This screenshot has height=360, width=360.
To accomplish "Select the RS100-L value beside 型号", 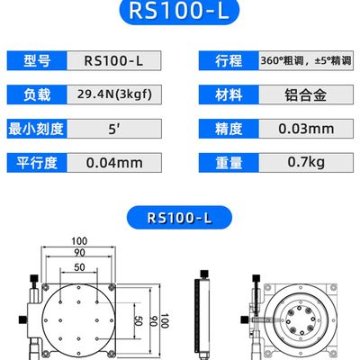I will [x=114, y=62].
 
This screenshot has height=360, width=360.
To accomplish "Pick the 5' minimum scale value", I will [x=114, y=129].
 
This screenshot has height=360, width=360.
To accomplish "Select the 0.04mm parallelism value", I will [x=114, y=163].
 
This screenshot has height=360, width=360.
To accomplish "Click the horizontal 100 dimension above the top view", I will [x=82, y=242].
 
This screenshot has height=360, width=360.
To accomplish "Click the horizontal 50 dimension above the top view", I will [x=81, y=268].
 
